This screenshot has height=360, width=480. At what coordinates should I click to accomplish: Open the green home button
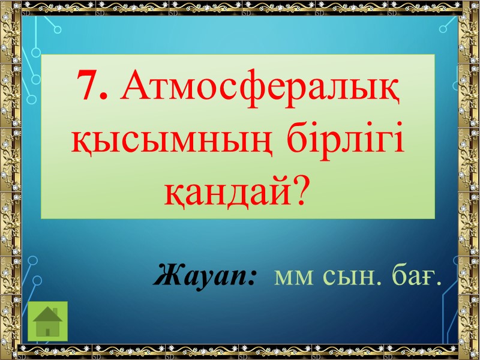click(48, 321)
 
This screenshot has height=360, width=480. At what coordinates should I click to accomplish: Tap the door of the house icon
click(48, 330)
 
